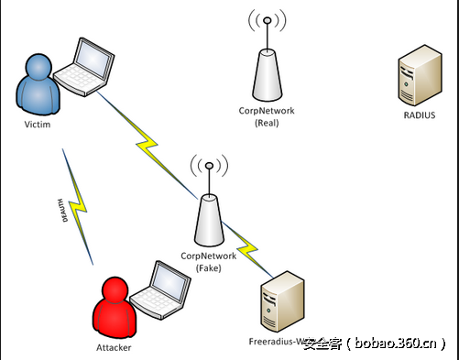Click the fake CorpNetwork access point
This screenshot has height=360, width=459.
coord(208,220)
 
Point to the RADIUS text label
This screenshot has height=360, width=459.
coord(420,115)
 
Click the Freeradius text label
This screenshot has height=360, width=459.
coord(275,344)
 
